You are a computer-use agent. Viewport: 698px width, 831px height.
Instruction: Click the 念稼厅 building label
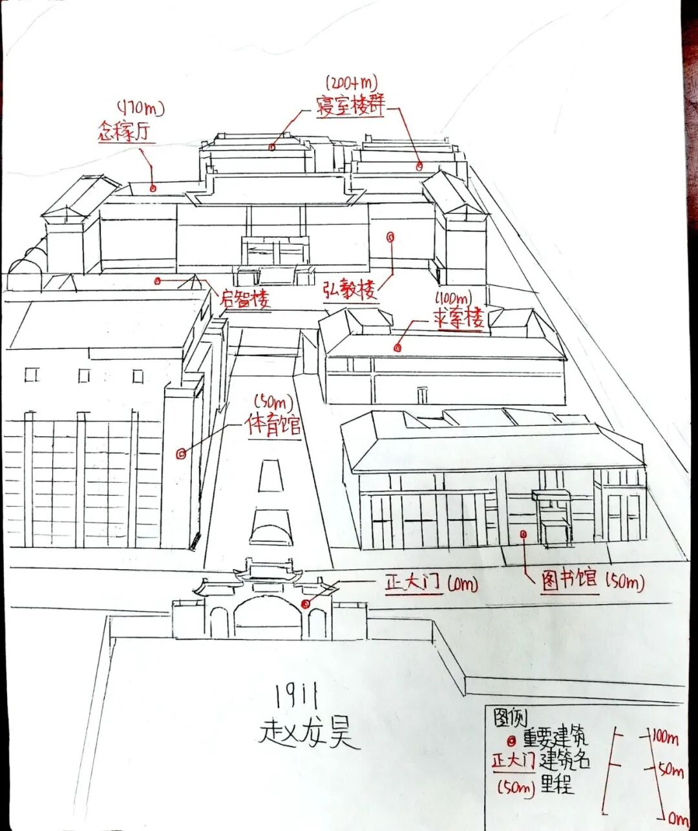(x=125, y=132)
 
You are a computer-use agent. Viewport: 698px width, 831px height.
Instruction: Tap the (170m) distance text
(x=140, y=107)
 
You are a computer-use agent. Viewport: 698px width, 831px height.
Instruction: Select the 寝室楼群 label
(x=350, y=105)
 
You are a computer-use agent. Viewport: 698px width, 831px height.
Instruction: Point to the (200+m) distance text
(x=352, y=83)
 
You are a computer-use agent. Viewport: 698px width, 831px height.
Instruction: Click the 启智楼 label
(x=244, y=299)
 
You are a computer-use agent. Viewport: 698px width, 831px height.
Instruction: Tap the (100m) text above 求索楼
(x=452, y=299)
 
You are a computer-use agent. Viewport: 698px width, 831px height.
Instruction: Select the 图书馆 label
(x=569, y=579)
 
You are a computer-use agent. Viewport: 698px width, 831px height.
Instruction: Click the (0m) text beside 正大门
(x=461, y=585)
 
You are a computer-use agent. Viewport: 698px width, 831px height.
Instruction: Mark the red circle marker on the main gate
(x=305, y=604)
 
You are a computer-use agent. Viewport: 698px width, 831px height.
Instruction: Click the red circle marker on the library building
(x=523, y=534)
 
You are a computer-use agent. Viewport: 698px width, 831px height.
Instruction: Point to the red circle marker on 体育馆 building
(x=181, y=454)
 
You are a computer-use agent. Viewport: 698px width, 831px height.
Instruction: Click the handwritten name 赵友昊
(x=308, y=733)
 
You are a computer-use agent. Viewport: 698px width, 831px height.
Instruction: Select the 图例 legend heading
(x=510, y=717)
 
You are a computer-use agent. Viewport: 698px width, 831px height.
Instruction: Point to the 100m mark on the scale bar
(x=664, y=737)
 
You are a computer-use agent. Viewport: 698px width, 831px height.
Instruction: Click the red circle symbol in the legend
(x=511, y=741)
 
